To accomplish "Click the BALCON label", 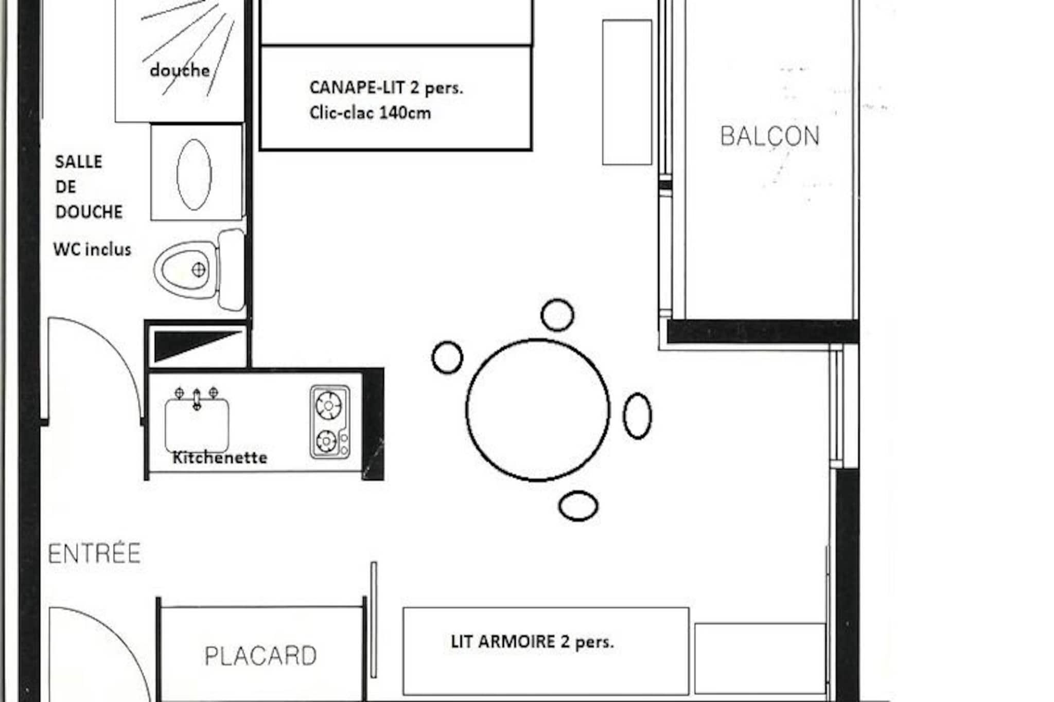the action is [x=769, y=136].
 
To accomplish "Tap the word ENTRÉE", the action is [x=94, y=553].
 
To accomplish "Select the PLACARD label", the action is [x=260, y=656].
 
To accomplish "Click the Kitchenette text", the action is [x=220, y=457].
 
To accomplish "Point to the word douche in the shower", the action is [x=180, y=70].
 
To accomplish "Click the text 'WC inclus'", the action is [x=92, y=249].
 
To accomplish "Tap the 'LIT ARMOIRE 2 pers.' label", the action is [x=532, y=642].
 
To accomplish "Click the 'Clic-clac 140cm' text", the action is [x=370, y=113].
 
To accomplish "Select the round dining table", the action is [x=538, y=410].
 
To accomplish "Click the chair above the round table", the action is [x=557, y=315].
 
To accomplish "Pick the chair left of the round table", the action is [x=447, y=357].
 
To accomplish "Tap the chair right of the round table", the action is [x=638, y=416].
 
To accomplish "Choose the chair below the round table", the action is [x=578, y=506].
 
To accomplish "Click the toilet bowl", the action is [x=185, y=269].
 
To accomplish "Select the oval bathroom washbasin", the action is [x=194, y=174].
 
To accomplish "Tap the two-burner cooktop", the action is [x=330, y=422].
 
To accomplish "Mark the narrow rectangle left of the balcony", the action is [x=627, y=93].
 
